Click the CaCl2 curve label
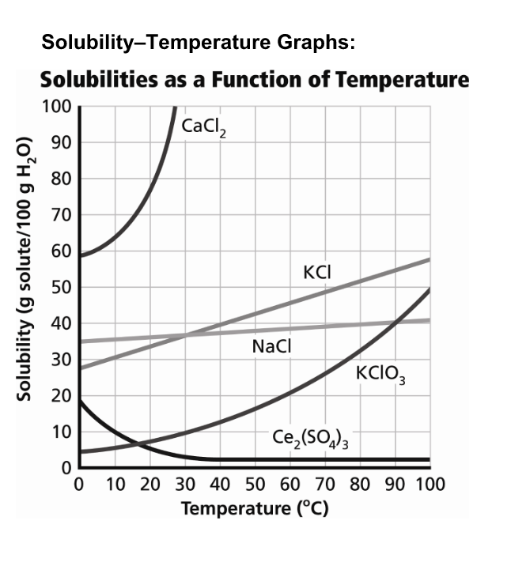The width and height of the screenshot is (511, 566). (204, 127)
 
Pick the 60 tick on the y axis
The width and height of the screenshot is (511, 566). (61, 251)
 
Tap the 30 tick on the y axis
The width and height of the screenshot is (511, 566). (61, 360)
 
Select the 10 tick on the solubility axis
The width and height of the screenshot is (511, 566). (61, 432)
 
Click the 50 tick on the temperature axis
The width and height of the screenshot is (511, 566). (254, 484)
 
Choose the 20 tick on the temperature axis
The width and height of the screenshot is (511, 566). (149, 484)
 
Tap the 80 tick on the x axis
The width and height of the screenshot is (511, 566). (360, 484)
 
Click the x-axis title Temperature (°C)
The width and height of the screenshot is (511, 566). (254, 507)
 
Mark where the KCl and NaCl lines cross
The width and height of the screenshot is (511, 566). (185, 335)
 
